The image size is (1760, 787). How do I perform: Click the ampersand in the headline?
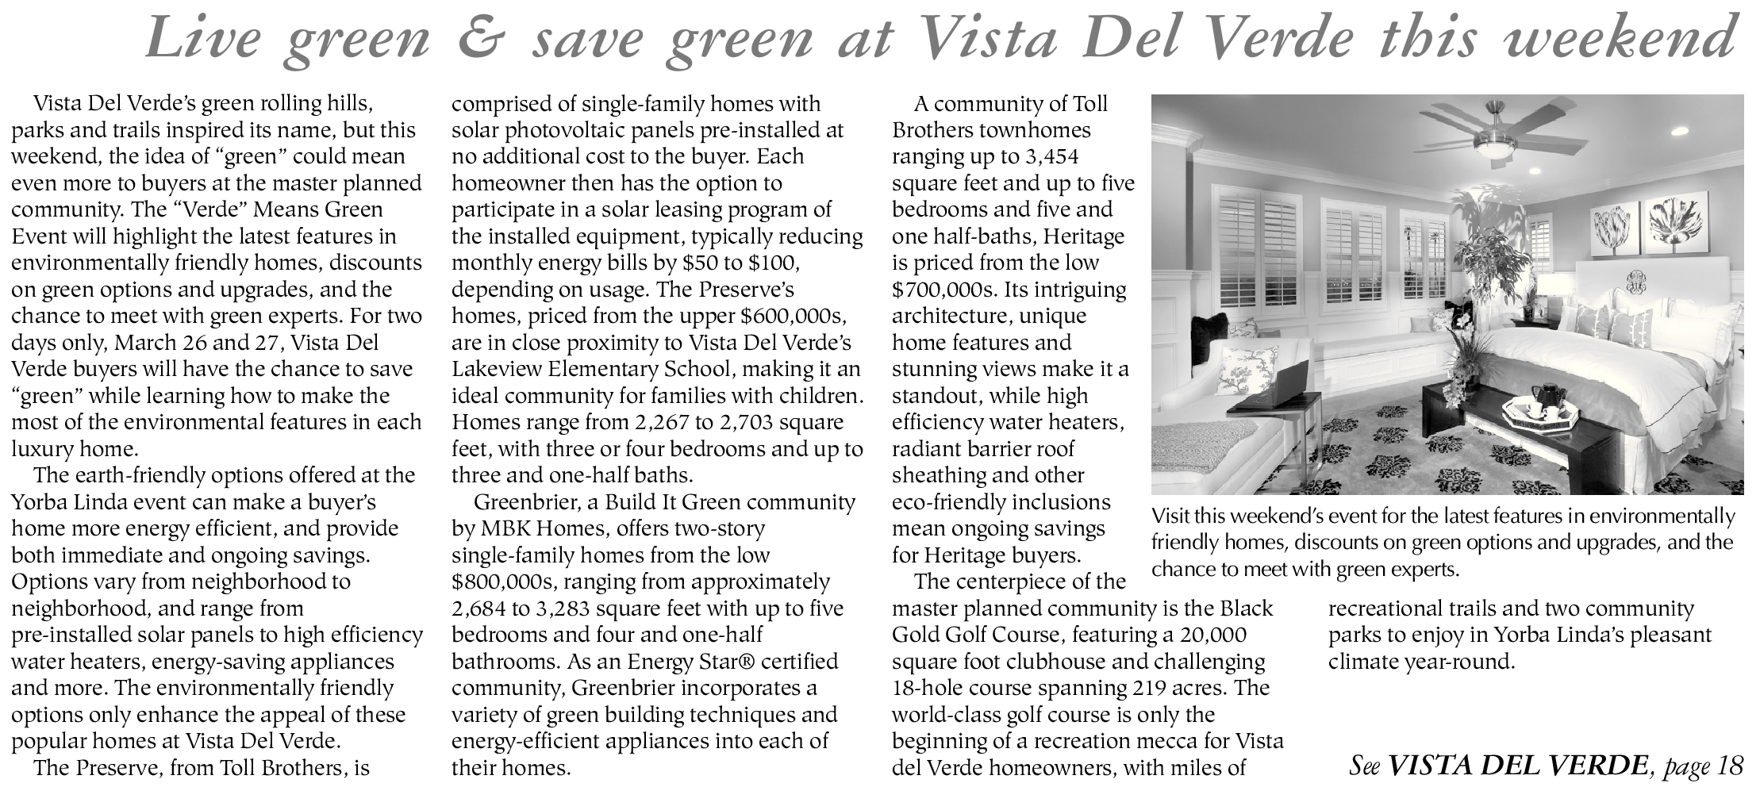coord(483,37)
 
